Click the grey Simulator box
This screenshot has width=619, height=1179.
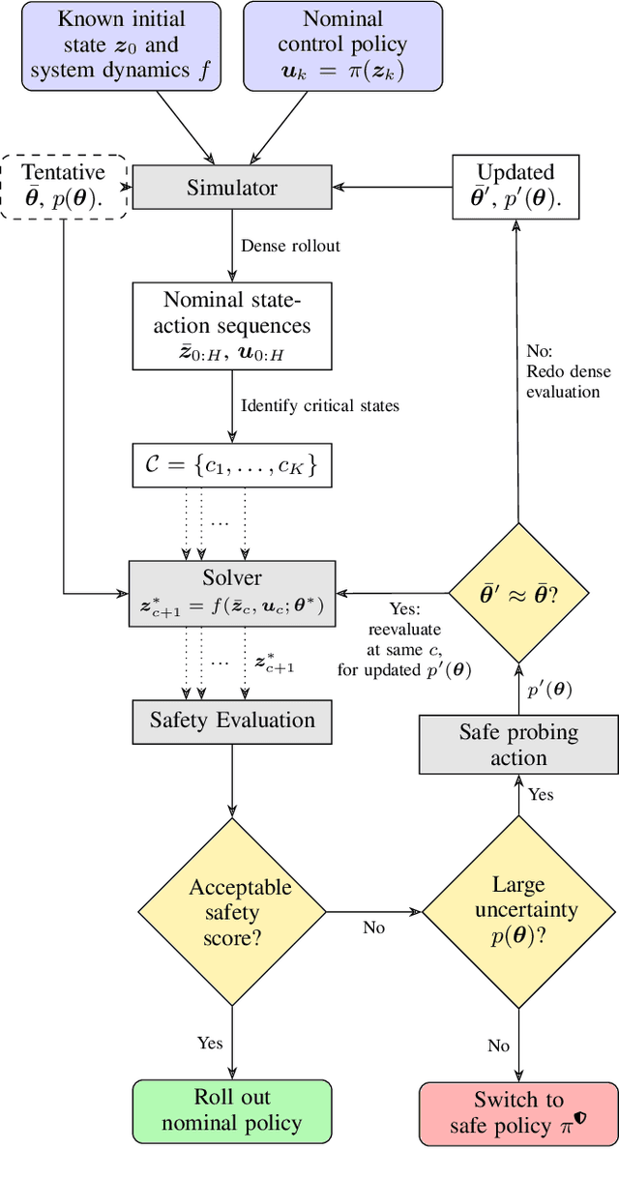tap(231, 188)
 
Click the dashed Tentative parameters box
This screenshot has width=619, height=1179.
tap(64, 187)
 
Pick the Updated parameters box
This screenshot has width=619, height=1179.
tap(516, 187)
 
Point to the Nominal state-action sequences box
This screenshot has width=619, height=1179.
tap(231, 326)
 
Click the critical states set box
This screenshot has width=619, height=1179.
tap(231, 466)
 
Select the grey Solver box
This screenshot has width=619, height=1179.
tap(231, 593)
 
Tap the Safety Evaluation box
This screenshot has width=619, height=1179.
tap(231, 721)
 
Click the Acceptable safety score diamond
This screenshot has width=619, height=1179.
tap(231, 912)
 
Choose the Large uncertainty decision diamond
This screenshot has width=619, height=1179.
tap(518, 912)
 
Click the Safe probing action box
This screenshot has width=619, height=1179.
tap(518, 745)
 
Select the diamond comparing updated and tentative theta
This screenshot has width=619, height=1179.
tap(518, 593)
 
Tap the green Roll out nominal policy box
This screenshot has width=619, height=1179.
tap(231, 1109)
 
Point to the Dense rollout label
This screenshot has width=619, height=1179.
tap(291, 246)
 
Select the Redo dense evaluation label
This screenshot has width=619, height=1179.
tap(563, 381)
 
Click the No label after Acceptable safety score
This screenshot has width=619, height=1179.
tap(373, 928)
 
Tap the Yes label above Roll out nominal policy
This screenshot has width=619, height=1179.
tap(210, 1043)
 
